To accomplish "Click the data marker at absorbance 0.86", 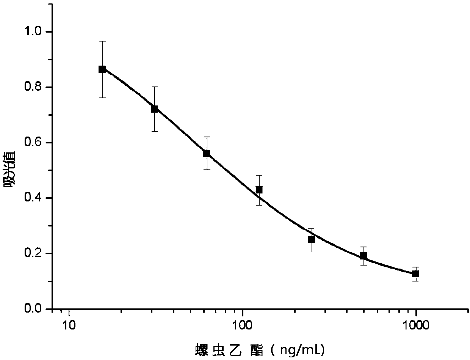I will pyautogui.click(x=102, y=69).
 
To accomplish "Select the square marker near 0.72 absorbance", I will pyautogui.click(x=154, y=109).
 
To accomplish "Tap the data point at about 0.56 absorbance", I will pyautogui.click(x=207, y=153).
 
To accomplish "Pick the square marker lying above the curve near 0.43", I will pyautogui.click(x=259, y=190).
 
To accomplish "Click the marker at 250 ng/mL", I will pyautogui.click(x=311, y=239).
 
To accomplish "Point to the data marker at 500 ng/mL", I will pyautogui.click(x=363, y=256).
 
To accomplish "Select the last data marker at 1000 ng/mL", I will pyautogui.click(x=416, y=274).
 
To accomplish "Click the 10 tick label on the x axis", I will pyautogui.click(x=69, y=325).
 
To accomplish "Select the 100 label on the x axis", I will pyautogui.click(x=243, y=325).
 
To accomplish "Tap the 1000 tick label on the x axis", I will pyautogui.click(x=416, y=325).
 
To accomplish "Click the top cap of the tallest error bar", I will pyautogui.click(x=102, y=41).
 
